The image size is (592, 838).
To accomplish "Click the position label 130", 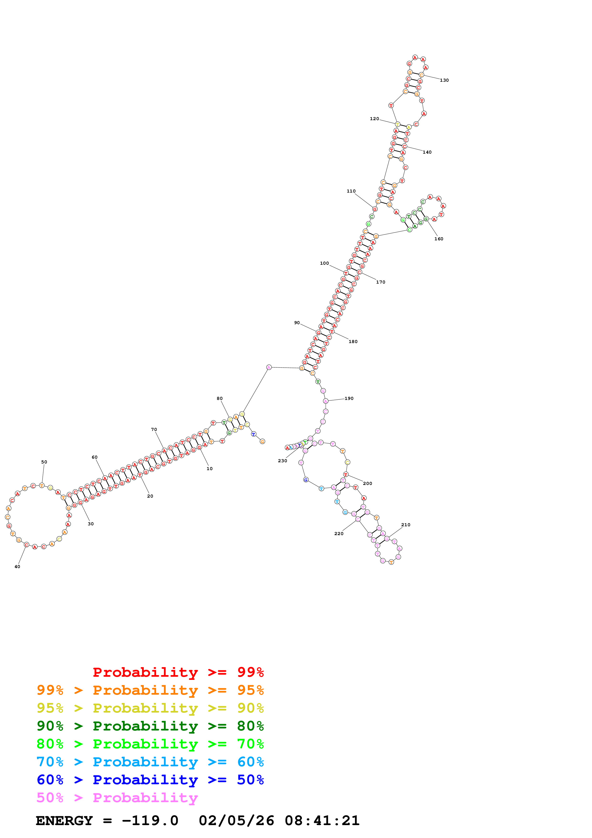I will (x=444, y=80).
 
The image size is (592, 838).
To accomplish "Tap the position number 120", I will (x=374, y=119).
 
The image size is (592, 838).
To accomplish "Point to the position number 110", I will (x=351, y=191).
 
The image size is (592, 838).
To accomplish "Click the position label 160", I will (x=438, y=239).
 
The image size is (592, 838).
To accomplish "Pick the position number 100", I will (x=324, y=263).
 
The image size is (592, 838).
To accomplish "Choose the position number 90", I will (x=297, y=323).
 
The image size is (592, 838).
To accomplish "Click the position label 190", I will (x=349, y=398).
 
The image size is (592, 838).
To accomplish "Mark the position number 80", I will (x=220, y=398).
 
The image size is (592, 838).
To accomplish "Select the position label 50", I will (x=44, y=462).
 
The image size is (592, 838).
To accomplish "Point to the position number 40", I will (x=17, y=566).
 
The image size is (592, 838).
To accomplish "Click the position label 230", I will (x=282, y=461).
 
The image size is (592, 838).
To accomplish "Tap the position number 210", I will (x=405, y=525).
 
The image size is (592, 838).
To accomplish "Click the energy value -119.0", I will (x=150, y=821).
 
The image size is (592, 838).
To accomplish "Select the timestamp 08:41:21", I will (x=322, y=821).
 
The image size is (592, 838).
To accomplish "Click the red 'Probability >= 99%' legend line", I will (x=178, y=672).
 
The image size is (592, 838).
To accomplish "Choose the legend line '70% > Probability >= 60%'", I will (x=150, y=762).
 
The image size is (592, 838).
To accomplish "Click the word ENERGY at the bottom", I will (x=64, y=821).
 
